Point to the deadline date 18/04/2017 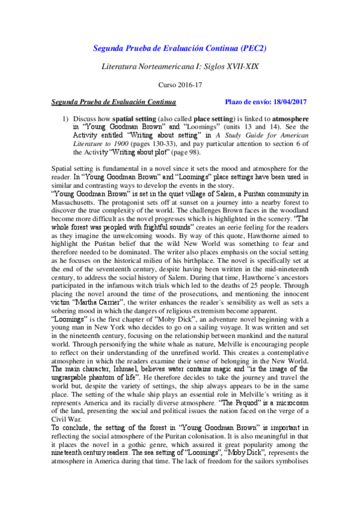288,103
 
